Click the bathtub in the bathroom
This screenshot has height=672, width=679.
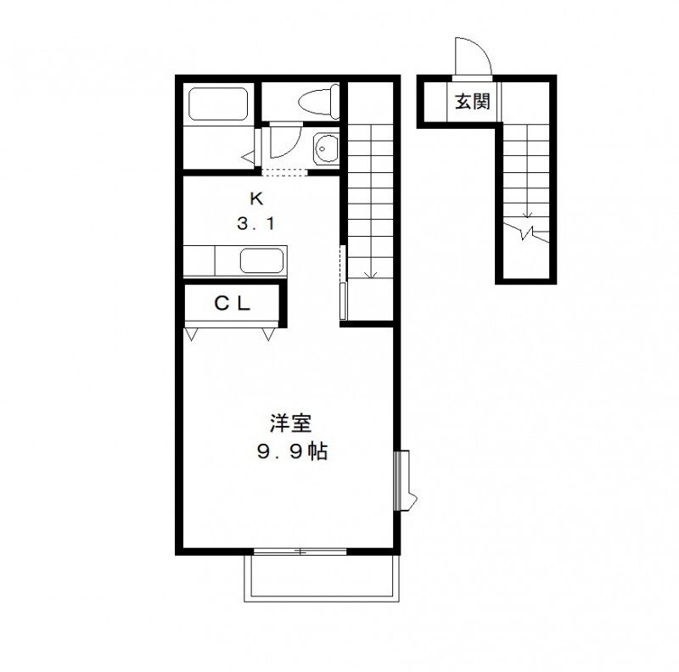point(216,104)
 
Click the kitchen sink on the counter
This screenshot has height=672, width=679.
point(263,260)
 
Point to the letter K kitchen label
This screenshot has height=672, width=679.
point(255,200)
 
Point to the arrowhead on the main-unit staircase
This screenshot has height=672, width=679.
point(368,273)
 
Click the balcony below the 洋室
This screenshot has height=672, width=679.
point(321,579)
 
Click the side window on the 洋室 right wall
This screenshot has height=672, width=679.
point(404,479)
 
